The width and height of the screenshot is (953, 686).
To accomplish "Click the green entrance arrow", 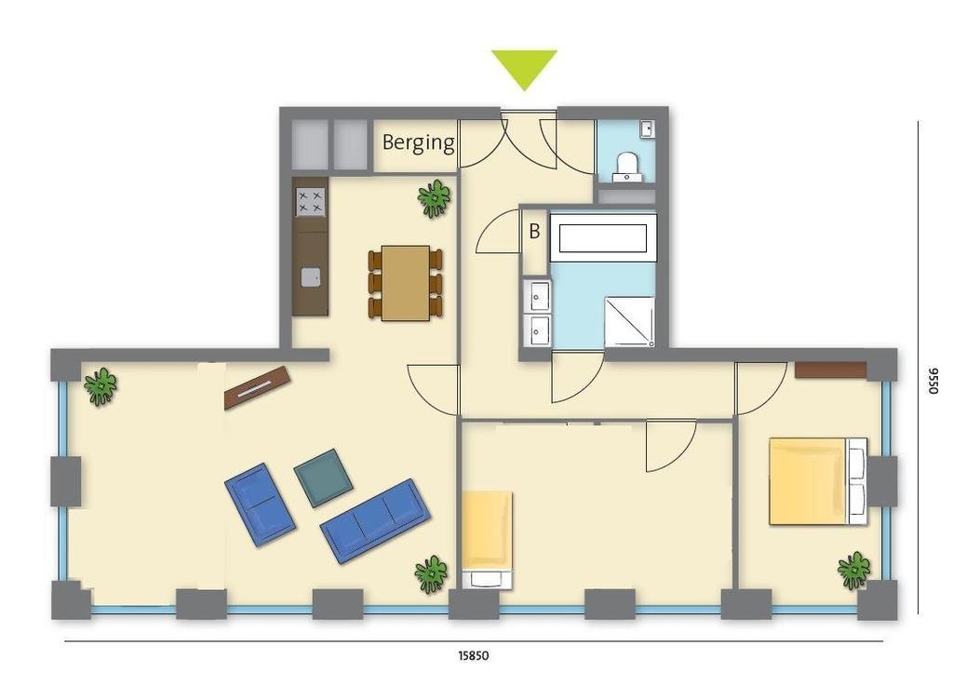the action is coord(524,67).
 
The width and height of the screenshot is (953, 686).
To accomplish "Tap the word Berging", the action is coord(418,142).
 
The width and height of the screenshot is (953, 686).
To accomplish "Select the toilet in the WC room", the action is coord(626,168).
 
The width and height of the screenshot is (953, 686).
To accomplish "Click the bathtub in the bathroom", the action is coord(603,237).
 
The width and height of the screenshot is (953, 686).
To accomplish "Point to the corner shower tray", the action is coord(629,321).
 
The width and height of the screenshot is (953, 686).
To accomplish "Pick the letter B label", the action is coord(534,231).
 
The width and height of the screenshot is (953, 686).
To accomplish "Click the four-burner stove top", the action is coord(311,202).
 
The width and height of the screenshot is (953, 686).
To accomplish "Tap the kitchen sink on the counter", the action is coord(311,277).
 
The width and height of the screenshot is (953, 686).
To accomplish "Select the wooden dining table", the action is coord(406,283).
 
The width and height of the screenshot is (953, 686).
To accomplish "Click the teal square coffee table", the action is coord(323,478).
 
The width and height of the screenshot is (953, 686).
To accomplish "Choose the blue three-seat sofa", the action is coord(376,520).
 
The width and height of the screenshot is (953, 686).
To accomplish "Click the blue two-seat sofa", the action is coord(260,504).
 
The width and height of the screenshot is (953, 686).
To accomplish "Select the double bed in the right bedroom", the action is coord(818,480).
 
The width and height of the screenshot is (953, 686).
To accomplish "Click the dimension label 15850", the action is coord(474,655).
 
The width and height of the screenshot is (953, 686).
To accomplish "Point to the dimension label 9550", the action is coord(933,381).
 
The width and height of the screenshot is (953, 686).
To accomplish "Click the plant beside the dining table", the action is coord(434,198).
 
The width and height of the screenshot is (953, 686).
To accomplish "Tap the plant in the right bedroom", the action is coord(854,570).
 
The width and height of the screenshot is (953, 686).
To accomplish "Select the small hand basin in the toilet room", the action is coord(648,128).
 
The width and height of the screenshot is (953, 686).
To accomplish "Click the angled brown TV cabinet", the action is coord(257,387).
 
